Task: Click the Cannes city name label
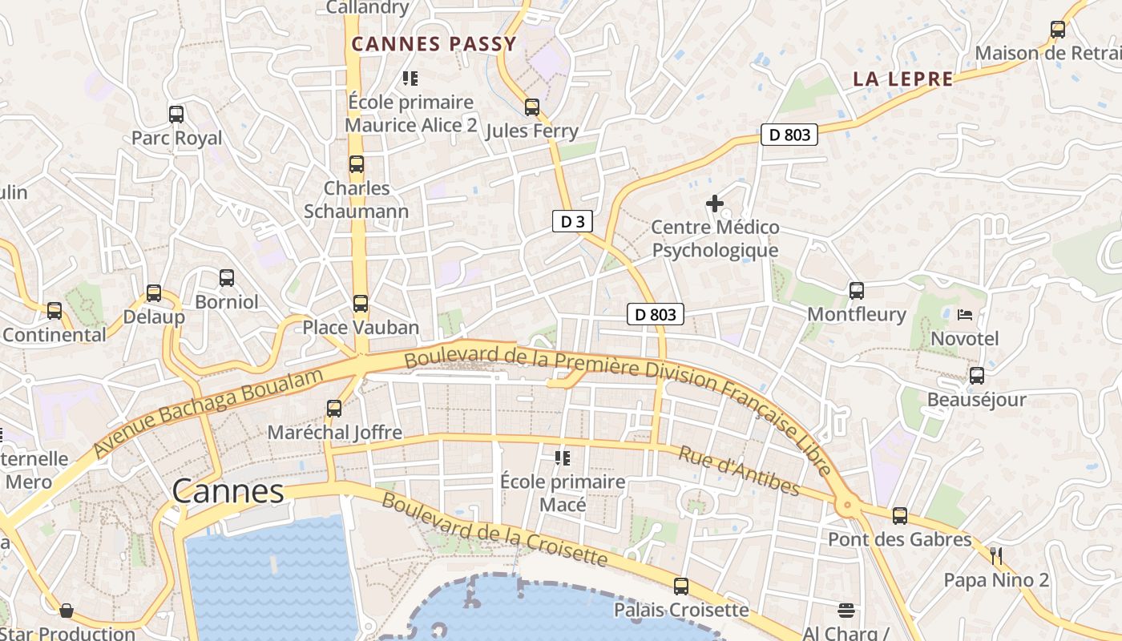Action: [x=228, y=491]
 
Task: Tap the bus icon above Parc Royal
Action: [x=176, y=115]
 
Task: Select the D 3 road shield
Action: [x=572, y=222]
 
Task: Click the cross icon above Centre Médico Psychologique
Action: [x=715, y=204]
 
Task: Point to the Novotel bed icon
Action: [x=965, y=315]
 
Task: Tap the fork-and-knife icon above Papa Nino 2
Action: [x=996, y=555]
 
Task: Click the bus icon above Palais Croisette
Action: [x=681, y=587]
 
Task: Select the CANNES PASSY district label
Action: [x=434, y=44]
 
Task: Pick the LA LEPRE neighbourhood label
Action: [x=903, y=79]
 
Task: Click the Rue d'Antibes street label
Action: [x=739, y=471]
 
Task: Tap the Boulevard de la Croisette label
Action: [x=494, y=529]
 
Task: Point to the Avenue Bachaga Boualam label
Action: [x=208, y=413]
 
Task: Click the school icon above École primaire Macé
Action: [x=563, y=458]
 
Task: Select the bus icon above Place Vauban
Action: [x=361, y=304]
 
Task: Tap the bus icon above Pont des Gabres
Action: [x=900, y=516]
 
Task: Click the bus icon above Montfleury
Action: [x=857, y=291]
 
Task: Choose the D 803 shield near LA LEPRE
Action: [x=789, y=135]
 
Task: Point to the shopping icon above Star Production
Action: [x=67, y=611]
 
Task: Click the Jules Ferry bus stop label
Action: [x=531, y=131]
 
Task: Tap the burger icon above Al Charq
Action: [x=846, y=611]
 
